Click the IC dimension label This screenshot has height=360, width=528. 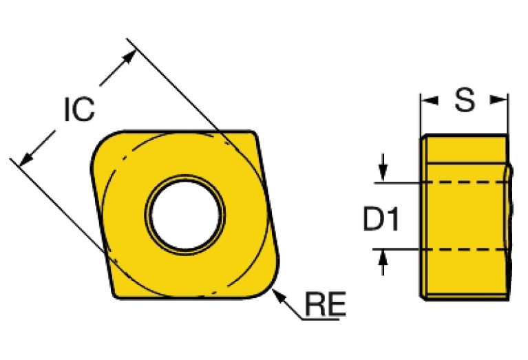78,110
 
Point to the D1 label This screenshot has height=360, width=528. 381,220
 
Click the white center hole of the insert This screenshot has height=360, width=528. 184,214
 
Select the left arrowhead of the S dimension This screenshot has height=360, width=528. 429,101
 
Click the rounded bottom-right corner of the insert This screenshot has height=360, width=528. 268,286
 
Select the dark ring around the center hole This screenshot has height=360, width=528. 184,178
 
